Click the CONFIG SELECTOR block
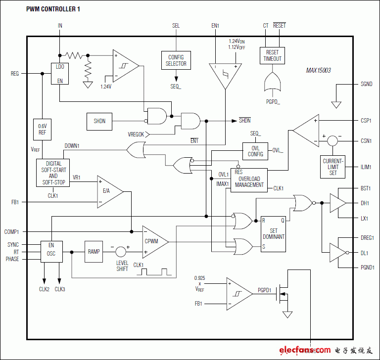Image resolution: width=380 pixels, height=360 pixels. coord(176,60)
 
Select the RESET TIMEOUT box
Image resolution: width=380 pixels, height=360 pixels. coord(272,55)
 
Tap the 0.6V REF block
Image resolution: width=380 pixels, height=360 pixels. coord(42,130)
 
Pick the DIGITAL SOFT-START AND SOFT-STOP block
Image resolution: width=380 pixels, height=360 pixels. coord(53,173)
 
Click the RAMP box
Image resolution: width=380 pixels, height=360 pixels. coord(94,252)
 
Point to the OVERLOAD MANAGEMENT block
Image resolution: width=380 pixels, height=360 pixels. coord(249,180)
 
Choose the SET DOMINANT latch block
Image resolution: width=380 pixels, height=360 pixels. coord(273,234)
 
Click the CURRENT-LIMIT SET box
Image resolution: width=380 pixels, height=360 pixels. coord(332,167)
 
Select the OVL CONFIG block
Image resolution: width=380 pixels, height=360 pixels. coord(255,151)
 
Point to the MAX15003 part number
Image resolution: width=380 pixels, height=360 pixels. coord(318,71)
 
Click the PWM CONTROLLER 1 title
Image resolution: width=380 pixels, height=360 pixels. coord(53,9)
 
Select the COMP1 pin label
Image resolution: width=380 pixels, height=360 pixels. coord(11,232)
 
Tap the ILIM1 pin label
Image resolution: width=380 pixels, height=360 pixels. coord(366,167)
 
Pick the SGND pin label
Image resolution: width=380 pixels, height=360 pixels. coord(367,84)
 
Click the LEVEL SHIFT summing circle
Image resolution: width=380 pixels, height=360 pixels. coord(121,252)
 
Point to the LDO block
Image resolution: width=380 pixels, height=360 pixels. coord(60,74)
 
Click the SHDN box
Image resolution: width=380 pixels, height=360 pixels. coord(99,121)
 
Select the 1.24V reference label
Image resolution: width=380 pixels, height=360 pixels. coord(106,87)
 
